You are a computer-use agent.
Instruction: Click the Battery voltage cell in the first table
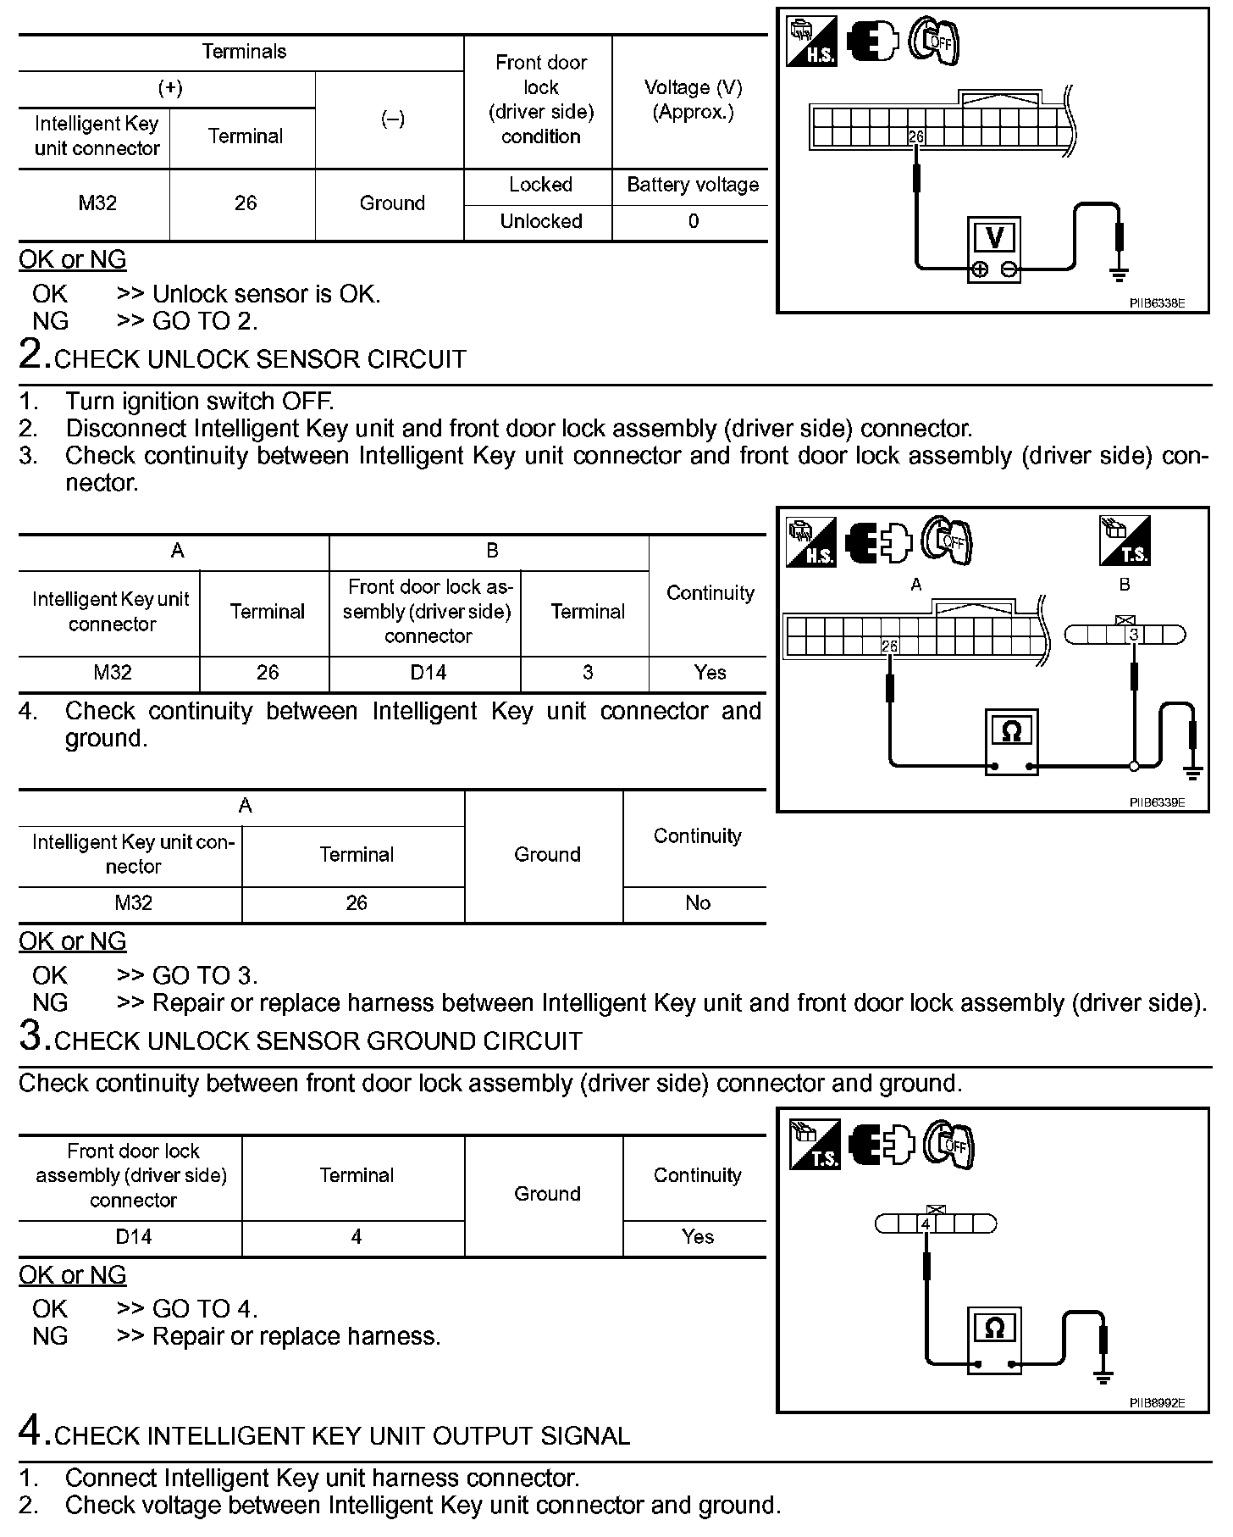pyautogui.click(x=693, y=186)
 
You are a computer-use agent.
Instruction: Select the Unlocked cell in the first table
pyautogui.click(x=541, y=222)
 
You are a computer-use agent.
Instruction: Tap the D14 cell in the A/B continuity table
pyautogui.click(x=428, y=673)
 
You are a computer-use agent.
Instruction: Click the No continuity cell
pyautogui.click(x=697, y=903)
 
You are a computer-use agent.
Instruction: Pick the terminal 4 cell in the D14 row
pyautogui.click(x=357, y=1237)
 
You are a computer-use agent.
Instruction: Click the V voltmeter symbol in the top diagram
pyautogui.click(x=995, y=239)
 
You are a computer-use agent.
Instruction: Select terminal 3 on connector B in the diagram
pyautogui.click(x=1134, y=635)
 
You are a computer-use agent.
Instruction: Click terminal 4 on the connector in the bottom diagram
pyautogui.click(x=926, y=1224)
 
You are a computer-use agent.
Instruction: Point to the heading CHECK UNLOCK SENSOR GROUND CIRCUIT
pyautogui.click(x=318, y=1041)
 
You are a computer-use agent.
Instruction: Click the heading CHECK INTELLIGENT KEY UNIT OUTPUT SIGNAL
pyautogui.click(x=341, y=1436)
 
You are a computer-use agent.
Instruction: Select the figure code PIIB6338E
pyautogui.click(x=1156, y=302)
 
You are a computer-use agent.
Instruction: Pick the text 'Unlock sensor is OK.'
pyautogui.click(x=266, y=294)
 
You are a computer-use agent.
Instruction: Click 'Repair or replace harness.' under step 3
pyautogui.click(x=296, y=1336)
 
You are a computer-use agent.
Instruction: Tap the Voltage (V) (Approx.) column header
pyautogui.click(x=693, y=100)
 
